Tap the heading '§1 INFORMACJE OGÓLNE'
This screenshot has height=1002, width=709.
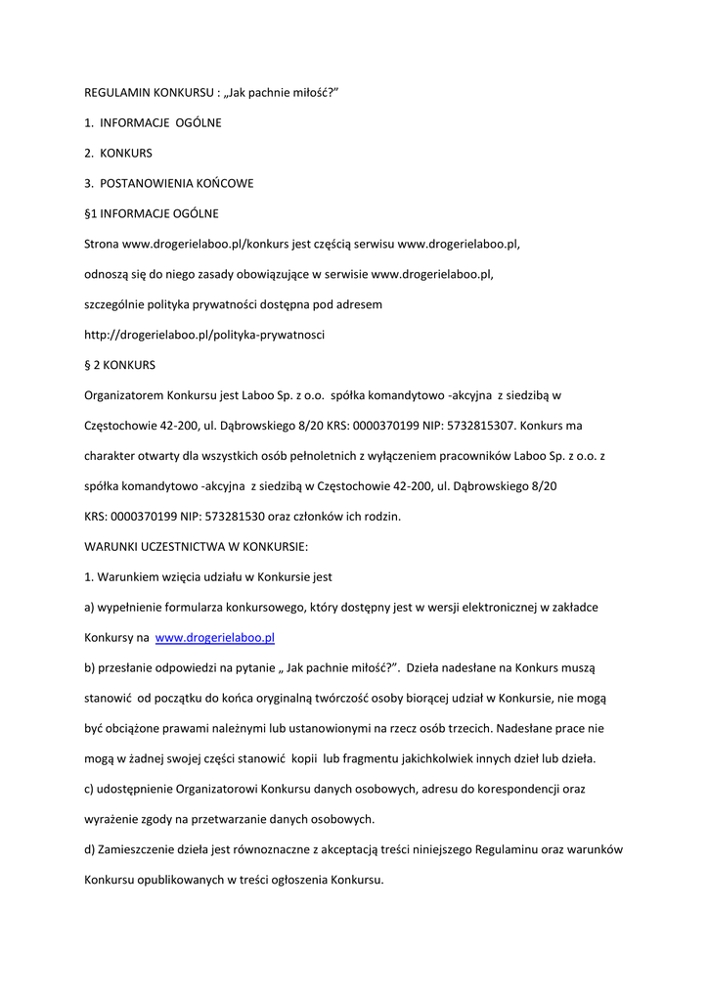(x=152, y=213)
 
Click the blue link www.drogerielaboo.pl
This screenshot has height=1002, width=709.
(x=214, y=637)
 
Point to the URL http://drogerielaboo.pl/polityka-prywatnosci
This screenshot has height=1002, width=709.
(x=204, y=335)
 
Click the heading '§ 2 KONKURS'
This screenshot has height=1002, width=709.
(x=119, y=365)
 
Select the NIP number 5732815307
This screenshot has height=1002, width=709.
(x=483, y=426)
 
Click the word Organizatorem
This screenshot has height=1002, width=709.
(x=123, y=395)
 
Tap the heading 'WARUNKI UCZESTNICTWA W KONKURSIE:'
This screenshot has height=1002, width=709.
(x=197, y=547)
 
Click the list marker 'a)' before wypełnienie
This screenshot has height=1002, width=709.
(x=90, y=608)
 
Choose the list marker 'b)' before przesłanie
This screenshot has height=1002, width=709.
(x=90, y=667)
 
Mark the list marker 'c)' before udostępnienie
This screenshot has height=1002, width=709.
(x=89, y=789)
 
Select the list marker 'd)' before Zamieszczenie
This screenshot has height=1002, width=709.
(x=90, y=849)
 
